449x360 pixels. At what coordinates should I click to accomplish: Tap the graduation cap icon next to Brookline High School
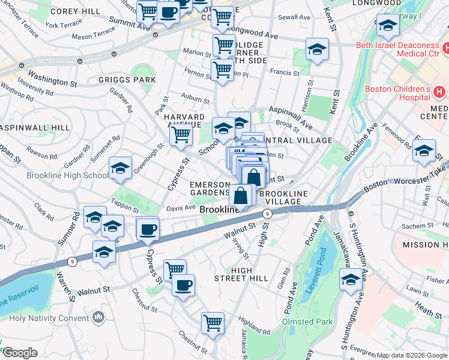coord(120,169)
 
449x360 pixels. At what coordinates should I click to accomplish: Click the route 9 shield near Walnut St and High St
coord(268,214)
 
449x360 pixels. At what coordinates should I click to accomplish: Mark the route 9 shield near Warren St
coord(72,261)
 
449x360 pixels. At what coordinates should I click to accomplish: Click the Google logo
coord(20,353)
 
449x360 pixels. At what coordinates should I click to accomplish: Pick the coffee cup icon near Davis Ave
coord(148,228)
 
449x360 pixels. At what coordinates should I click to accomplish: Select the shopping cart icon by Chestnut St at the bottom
coord(212,323)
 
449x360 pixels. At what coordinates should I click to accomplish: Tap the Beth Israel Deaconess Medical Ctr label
coord(397,50)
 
